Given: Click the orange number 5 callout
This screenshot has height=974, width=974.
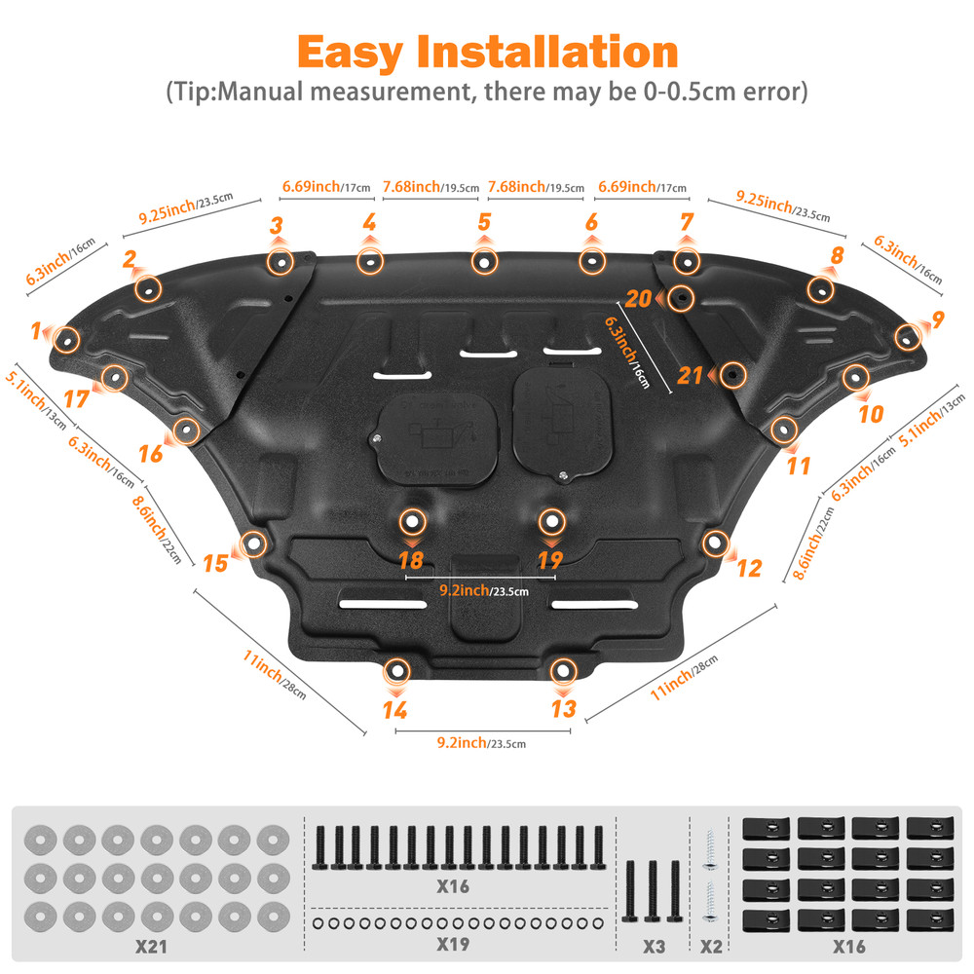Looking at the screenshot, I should point(484,222).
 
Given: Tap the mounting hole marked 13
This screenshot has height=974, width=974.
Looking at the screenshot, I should point(562,670).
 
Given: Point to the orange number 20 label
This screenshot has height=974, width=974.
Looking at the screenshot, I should point(638,297).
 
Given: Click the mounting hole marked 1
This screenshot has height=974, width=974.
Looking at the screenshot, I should point(65,339).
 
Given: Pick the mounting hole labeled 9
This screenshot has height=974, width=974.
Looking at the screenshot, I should point(907,337).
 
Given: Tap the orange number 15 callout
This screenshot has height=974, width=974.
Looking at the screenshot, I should point(215,563).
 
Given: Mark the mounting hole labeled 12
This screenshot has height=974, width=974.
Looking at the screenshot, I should point(715,541).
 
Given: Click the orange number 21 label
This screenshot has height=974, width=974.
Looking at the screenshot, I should point(690,375).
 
